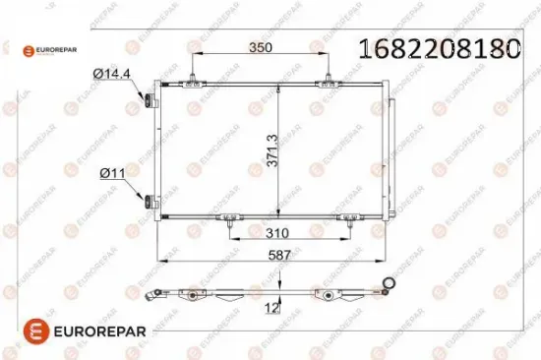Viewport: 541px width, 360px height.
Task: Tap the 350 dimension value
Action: (260, 46)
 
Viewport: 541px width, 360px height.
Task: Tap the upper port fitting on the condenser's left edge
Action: (149, 100)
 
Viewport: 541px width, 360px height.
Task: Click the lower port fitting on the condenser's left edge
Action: (149, 203)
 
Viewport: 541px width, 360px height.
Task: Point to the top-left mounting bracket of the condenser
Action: (198, 87)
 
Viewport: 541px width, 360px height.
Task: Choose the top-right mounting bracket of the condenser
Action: (325, 87)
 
